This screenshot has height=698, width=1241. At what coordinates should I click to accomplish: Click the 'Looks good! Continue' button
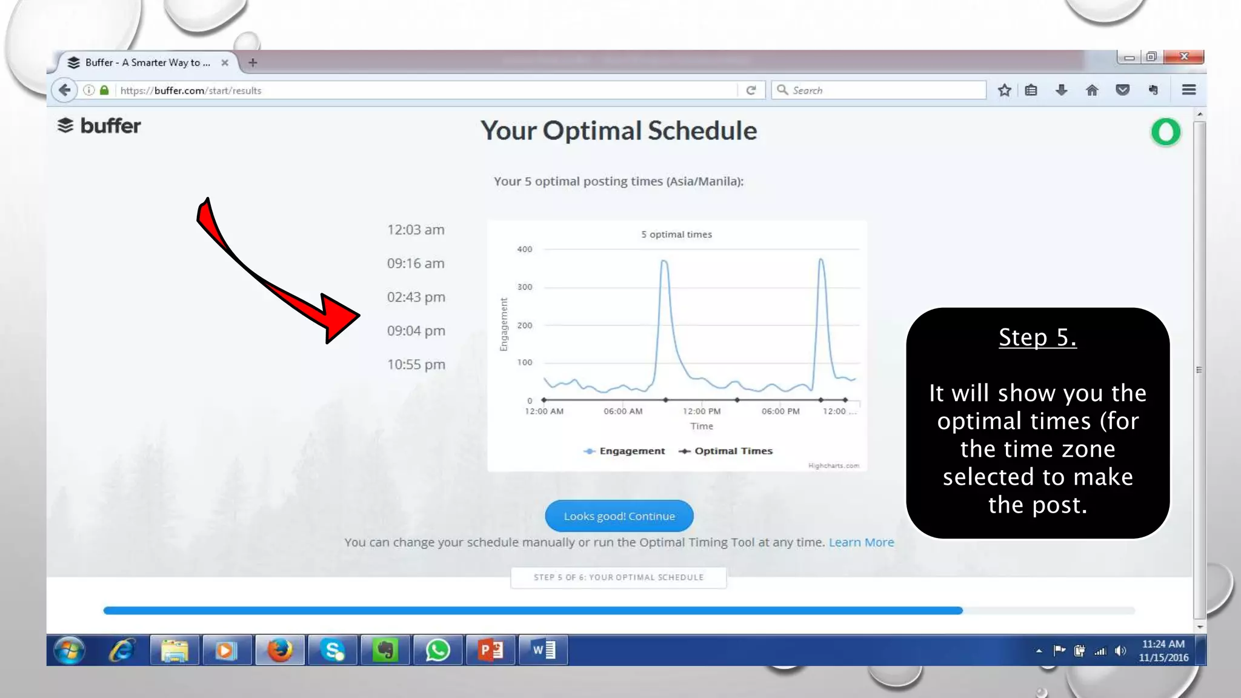pos(619,516)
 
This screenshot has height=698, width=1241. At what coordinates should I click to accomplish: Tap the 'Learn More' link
pos(861,542)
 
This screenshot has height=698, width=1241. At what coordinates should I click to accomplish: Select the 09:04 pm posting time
pos(416,331)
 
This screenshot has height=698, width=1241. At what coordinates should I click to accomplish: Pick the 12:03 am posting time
pos(416,230)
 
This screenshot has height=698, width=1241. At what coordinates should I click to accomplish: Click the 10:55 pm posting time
pos(416,364)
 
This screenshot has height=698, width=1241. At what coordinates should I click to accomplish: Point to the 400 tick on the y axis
pos(525,249)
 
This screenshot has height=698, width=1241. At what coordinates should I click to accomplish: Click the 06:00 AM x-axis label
pos(622,411)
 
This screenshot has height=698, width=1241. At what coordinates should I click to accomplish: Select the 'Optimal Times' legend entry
pos(726,451)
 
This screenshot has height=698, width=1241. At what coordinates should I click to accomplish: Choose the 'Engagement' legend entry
pos(624,451)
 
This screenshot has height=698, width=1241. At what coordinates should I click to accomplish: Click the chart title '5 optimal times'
pos(676,234)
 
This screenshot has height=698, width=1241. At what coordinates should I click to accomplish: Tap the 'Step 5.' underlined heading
pos(1037,337)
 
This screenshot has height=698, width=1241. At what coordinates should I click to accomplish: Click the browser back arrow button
pos(65,90)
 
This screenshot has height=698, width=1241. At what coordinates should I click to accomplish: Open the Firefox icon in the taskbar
pos(280,650)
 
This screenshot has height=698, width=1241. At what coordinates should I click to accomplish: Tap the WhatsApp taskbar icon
pos(438,650)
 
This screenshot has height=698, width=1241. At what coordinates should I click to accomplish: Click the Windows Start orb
pos(69,650)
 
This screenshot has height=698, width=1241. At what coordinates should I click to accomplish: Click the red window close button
pos(1184,56)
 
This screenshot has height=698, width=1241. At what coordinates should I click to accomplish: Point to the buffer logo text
pos(110,126)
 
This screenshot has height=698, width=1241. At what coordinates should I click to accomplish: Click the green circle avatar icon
pos(1165,132)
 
